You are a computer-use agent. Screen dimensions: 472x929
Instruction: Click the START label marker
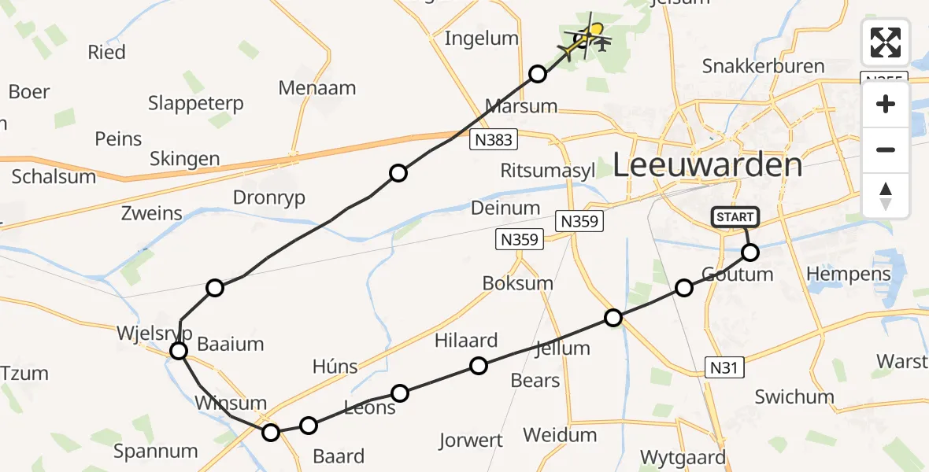point(735,216)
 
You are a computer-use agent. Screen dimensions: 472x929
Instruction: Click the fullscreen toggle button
point(886,42)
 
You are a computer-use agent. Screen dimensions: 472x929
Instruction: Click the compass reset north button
point(886,196)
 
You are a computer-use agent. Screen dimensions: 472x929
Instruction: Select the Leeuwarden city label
point(707,165)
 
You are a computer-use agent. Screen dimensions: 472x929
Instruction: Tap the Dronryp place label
point(268,198)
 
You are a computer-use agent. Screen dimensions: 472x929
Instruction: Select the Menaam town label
point(317,88)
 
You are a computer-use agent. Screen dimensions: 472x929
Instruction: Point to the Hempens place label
point(849,275)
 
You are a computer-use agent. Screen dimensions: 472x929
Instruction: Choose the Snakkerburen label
point(764,67)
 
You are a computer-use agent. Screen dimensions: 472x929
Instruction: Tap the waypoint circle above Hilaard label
point(479,365)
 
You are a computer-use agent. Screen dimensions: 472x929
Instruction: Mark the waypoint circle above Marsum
point(538,74)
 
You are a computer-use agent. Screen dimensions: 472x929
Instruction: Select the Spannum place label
point(156,452)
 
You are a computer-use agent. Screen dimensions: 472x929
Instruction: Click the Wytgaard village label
point(682,458)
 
